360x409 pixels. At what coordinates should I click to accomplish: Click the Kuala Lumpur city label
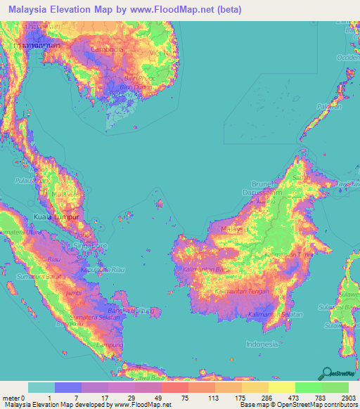[53, 218]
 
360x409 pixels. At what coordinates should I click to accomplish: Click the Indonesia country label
[262, 344]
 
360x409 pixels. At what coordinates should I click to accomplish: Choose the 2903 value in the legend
[342, 398]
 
